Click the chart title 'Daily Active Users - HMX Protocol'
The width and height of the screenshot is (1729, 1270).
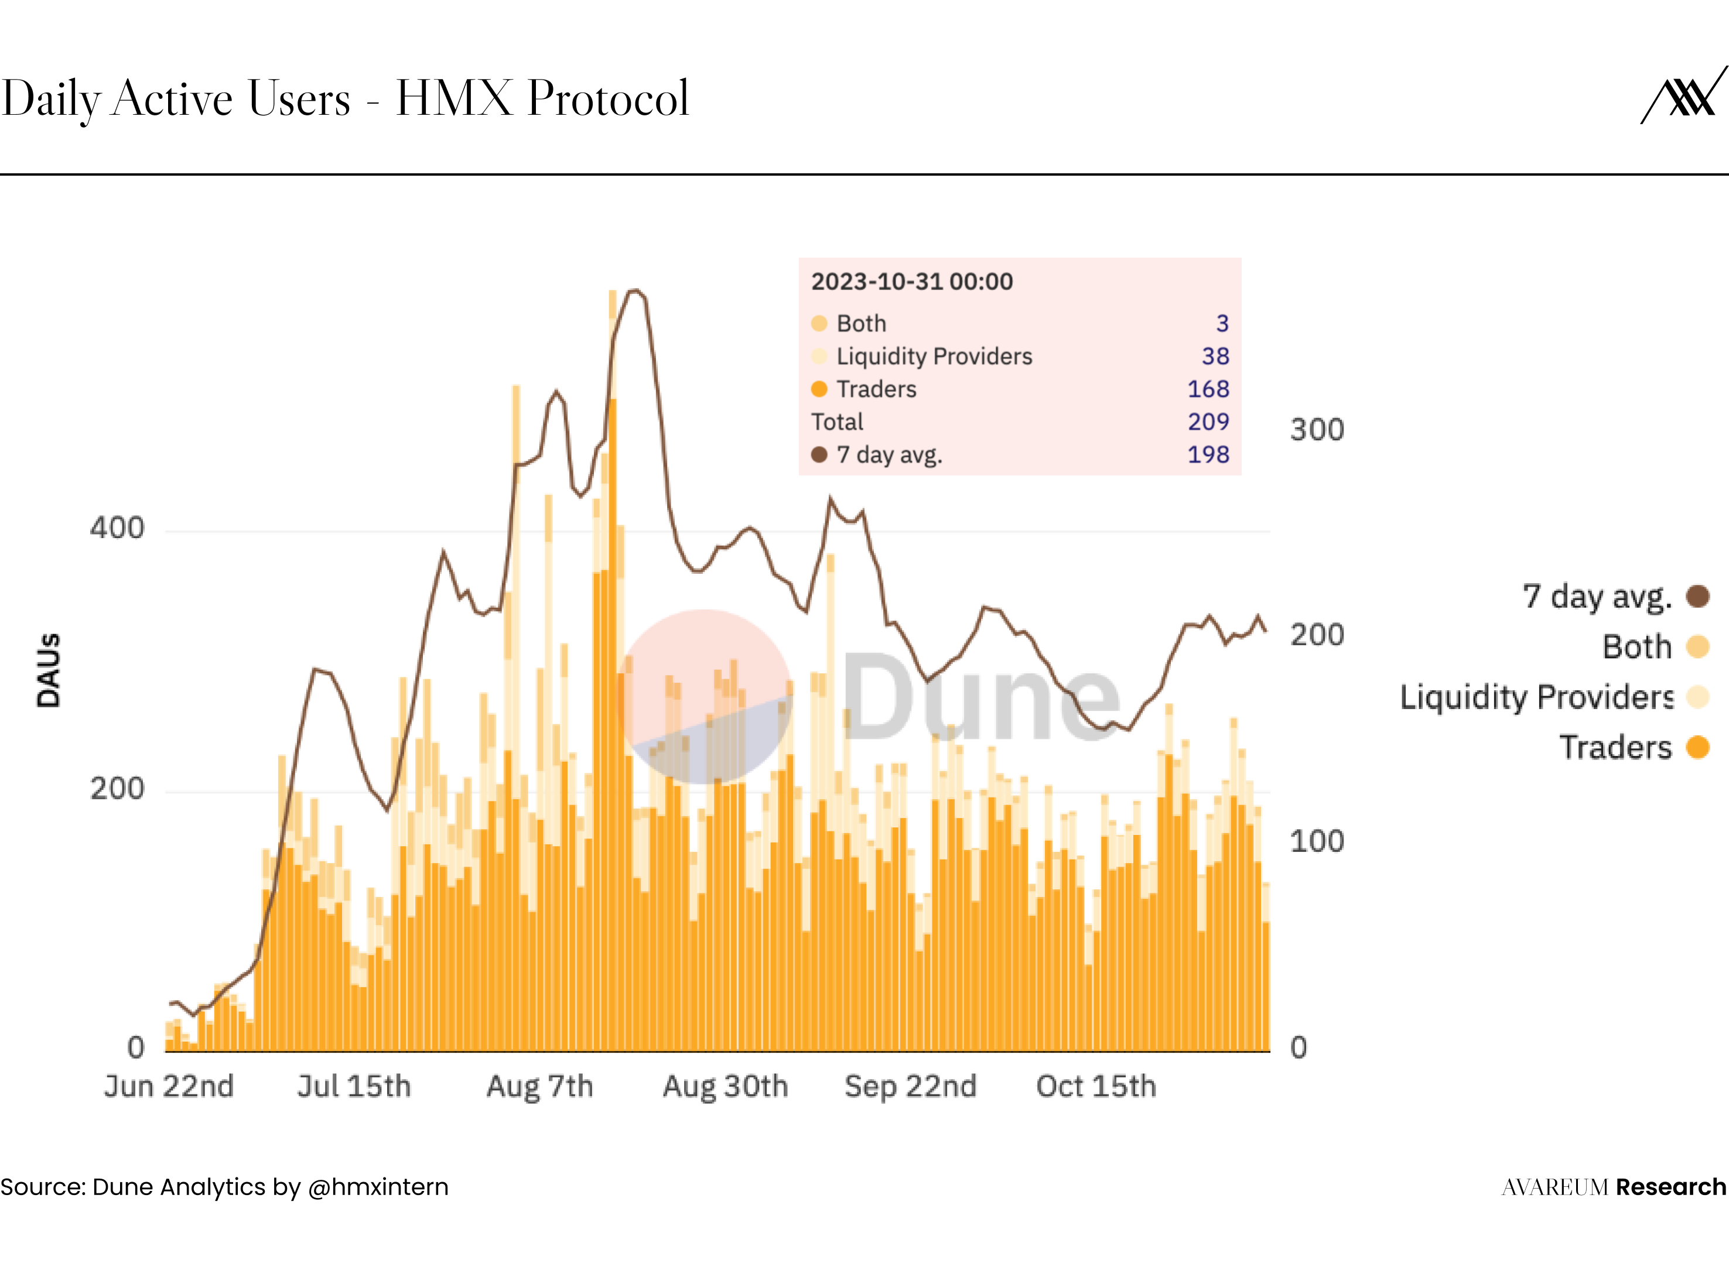pos(345,98)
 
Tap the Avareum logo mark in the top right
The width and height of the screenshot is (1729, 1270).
pos(1684,95)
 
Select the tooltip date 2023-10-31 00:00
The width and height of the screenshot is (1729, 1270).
pos(912,282)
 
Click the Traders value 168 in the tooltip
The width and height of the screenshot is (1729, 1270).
pos(1208,389)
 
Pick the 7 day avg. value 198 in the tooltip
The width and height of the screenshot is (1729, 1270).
pos(1208,454)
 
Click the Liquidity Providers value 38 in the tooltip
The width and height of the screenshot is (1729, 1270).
pos(1215,356)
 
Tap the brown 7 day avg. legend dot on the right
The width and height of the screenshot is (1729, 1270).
pos(1697,596)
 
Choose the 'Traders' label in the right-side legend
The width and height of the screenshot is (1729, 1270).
pos(1615,747)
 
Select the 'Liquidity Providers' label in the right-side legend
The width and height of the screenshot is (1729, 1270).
pos(1536,697)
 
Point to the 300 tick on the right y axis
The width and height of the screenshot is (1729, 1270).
pos(1317,430)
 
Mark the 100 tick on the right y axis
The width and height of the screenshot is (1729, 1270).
pos(1317,841)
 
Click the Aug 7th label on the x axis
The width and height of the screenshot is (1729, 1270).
pos(539,1086)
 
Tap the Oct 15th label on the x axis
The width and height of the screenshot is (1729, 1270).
pos(1095,1086)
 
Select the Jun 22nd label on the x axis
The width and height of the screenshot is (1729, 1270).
pos(169,1086)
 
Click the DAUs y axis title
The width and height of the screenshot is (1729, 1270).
pos(49,670)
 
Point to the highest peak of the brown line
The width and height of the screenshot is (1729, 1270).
pos(635,290)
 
